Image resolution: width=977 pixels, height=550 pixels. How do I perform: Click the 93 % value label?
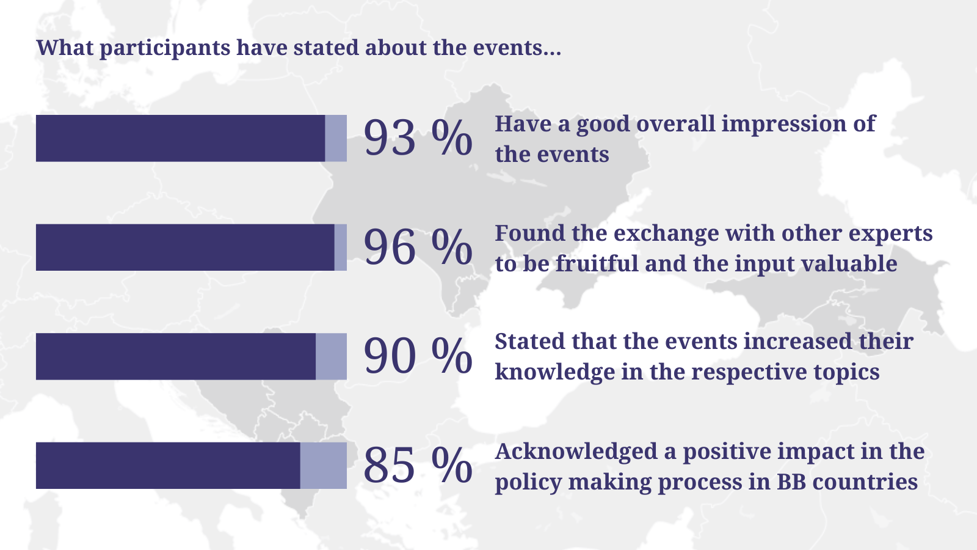[x=418, y=138]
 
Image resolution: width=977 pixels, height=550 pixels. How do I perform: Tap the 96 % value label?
[x=418, y=248]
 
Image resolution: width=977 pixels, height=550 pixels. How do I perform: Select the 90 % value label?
[x=418, y=357]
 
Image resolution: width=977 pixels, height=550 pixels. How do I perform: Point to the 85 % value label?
[x=418, y=466]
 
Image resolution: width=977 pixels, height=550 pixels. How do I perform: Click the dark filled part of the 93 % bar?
[x=181, y=138]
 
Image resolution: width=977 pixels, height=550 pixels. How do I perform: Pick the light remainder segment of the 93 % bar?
[x=336, y=138]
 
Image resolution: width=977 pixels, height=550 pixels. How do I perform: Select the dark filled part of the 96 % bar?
[x=186, y=248]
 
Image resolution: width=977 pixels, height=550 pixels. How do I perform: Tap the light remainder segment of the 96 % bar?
[x=341, y=248]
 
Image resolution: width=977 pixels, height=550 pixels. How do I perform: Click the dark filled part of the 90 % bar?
[x=176, y=357]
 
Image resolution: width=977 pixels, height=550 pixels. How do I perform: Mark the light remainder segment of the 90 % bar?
[x=331, y=357]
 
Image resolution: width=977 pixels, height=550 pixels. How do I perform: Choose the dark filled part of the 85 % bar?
[x=168, y=466]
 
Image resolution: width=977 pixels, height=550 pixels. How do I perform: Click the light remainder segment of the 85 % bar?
[x=323, y=466]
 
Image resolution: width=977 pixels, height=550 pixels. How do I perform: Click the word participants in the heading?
[x=165, y=48]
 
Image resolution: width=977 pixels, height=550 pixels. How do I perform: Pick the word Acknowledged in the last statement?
[x=576, y=452]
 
